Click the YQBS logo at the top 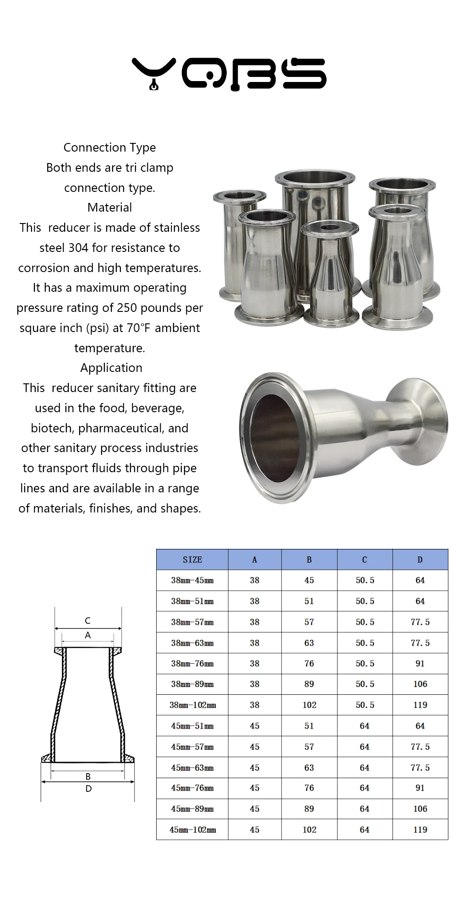pos(229,73)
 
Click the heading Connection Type pos(109,147)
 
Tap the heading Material pos(109,207)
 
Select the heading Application pos(111,368)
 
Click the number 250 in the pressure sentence pos(126,308)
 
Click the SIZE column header pos(192,560)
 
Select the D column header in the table pos(420,560)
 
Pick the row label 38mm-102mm pos(192,705)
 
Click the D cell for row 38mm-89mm pos(420,684)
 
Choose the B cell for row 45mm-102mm pos(309,829)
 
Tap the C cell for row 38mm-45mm pos(365,580)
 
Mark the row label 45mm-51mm pos(192,726)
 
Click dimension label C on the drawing pos(87,621)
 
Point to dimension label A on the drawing pos(87,635)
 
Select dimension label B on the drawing pos(88,776)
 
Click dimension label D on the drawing pos(88,789)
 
